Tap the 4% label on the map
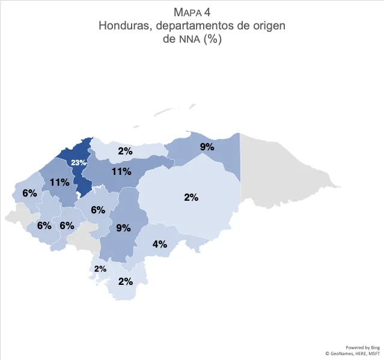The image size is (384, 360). click(x=159, y=245)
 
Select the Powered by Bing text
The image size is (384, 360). click(x=362, y=347)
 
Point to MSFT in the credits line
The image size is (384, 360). click(x=374, y=354)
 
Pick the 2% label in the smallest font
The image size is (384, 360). click(x=100, y=269)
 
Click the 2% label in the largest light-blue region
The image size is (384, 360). click(x=191, y=197)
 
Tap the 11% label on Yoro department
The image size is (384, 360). click(x=121, y=171)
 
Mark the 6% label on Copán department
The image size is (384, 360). click(x=29, y=194)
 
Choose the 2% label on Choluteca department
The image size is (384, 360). click(x=126, y=281)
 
